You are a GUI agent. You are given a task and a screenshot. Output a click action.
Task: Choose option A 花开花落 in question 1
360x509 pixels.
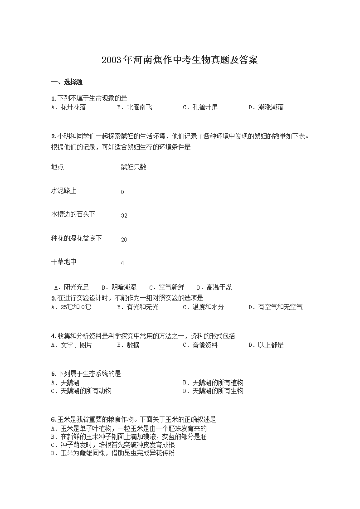pyautogui.click(x=69, y=107)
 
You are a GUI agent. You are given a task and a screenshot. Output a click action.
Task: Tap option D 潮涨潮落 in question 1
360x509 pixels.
pyautogui.click(x=266, y=107)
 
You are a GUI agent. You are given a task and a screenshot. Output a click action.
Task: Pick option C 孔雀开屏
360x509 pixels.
pyautogui.click(x=200, y=107)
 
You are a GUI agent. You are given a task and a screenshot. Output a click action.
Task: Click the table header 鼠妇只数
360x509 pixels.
pyautogui.click(x=133, y=167)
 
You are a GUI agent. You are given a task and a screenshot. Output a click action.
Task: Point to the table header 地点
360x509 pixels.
pyautogui.click(x=58, y=167)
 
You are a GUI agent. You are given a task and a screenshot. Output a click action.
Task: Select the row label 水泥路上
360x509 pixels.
pyautogui.click(x=64, y=190)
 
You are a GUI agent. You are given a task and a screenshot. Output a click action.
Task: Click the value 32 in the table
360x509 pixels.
pyautogui.click(x=124, y=216)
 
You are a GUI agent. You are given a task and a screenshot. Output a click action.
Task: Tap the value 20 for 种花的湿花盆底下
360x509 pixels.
pyautogui.click(x=124, y=239)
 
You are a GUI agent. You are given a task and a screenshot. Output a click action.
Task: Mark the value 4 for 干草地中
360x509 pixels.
pyautogui.click(x=122, y=263)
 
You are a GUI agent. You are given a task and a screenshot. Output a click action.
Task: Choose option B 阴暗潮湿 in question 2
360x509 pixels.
pyautogui.click(x=119, y=287)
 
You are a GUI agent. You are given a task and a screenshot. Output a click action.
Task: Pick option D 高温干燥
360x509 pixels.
pyautogui.click(x=214, y=287)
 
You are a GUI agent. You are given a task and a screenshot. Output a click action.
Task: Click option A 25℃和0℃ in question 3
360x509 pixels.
pyautogui.click(x=71, y=307)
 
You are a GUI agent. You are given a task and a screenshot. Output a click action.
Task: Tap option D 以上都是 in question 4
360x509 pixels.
pyautogui.click(x=266, y=345)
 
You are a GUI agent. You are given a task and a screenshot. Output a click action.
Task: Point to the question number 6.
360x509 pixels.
pyautogui.click(x=54, y=419)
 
